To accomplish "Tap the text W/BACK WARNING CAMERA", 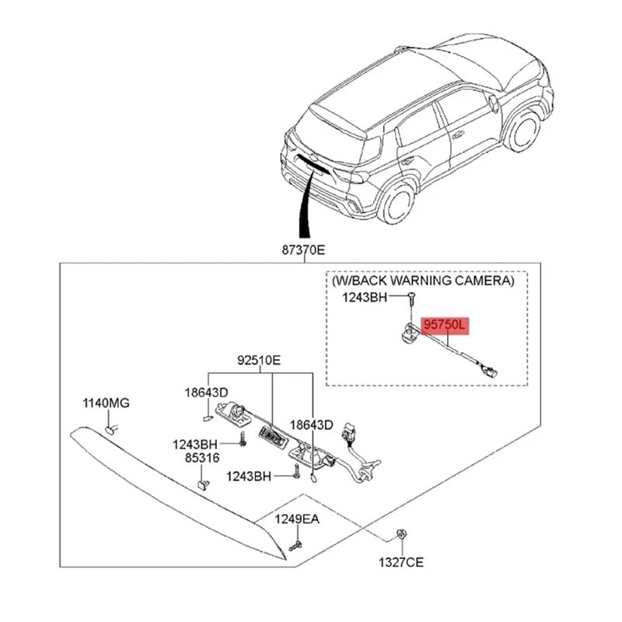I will pyautogui.click(x=423, y=280).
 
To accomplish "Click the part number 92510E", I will pyautogui.click(x=260, y=361).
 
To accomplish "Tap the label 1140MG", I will pyautogui.click(x=107, y=404).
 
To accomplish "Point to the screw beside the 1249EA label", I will pyautogui.click(x=295, y=547).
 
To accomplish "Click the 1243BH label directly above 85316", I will pyautogui.click(x=195, y=444).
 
